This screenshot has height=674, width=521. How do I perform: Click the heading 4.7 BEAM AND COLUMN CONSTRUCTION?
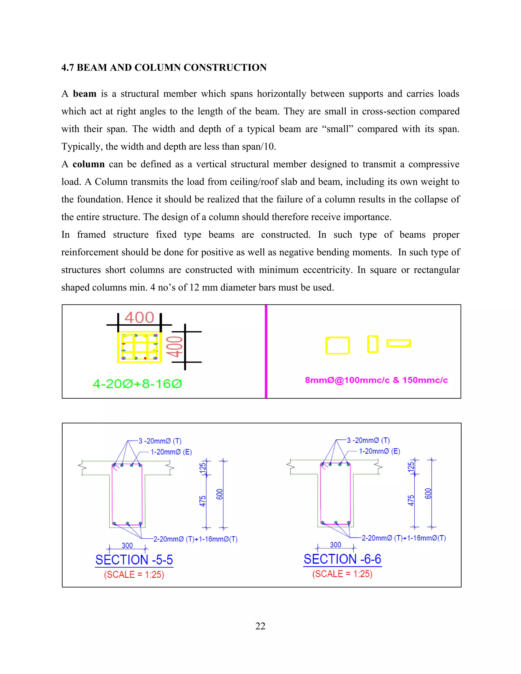164,68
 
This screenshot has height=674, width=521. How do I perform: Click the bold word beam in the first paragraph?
84,94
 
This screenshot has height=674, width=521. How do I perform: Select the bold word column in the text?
89,164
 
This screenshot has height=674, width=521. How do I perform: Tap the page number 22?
260,626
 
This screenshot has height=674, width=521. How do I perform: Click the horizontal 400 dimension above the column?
139,318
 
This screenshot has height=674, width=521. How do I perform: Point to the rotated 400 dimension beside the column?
175,347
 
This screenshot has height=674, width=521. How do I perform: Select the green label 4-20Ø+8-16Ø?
137,384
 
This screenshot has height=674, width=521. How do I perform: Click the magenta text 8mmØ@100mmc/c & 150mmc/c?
376,380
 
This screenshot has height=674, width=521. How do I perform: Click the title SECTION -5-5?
134,560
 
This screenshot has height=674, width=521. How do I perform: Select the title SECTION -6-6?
342,559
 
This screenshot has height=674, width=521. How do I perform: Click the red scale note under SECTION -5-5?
134,575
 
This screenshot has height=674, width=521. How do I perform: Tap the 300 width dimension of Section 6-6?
336,545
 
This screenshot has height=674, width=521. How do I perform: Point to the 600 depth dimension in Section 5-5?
220,494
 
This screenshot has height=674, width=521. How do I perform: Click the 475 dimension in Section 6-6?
411,500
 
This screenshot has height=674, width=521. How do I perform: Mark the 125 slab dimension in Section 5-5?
202,467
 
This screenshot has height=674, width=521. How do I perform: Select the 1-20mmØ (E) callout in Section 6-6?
379,451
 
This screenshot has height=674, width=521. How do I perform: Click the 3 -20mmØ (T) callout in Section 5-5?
160,441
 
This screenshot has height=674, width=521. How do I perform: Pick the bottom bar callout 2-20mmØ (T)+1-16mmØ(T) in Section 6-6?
404,538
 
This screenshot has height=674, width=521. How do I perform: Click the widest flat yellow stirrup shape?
399,343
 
